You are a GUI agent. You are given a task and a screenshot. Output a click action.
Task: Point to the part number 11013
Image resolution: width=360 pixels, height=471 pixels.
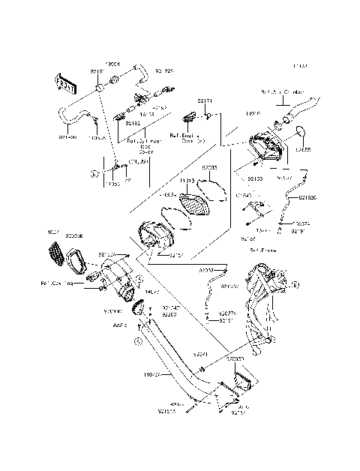[x=187, y=181]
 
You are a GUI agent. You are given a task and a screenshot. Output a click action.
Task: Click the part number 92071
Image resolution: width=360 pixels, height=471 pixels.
[x=200, y=352]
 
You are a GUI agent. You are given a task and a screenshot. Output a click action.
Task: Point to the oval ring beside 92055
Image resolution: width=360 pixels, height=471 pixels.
[x=301, y=133]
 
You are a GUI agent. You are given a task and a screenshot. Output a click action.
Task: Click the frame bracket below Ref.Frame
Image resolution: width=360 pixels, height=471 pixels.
[x=262, y=300]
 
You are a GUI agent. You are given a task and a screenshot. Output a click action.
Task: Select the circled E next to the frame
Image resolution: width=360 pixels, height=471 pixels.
[x=295, y=286]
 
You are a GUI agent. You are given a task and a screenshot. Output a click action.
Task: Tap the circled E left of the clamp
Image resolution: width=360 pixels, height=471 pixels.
[x=94, y=173]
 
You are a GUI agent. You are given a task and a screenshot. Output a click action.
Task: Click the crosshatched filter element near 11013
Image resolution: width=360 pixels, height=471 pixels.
[x=196, y=204]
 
